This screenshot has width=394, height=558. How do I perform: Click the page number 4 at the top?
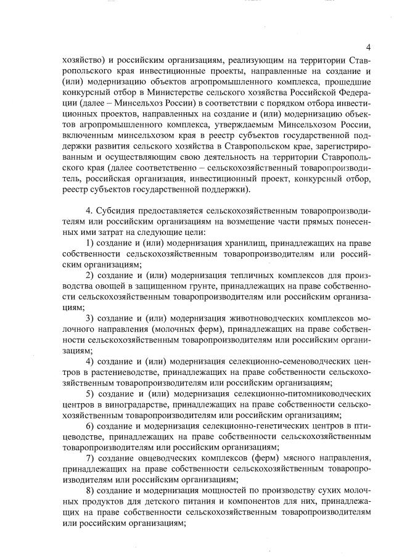(x=368, y=47)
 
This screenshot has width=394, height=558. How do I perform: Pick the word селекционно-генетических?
(x=262, y=426)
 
